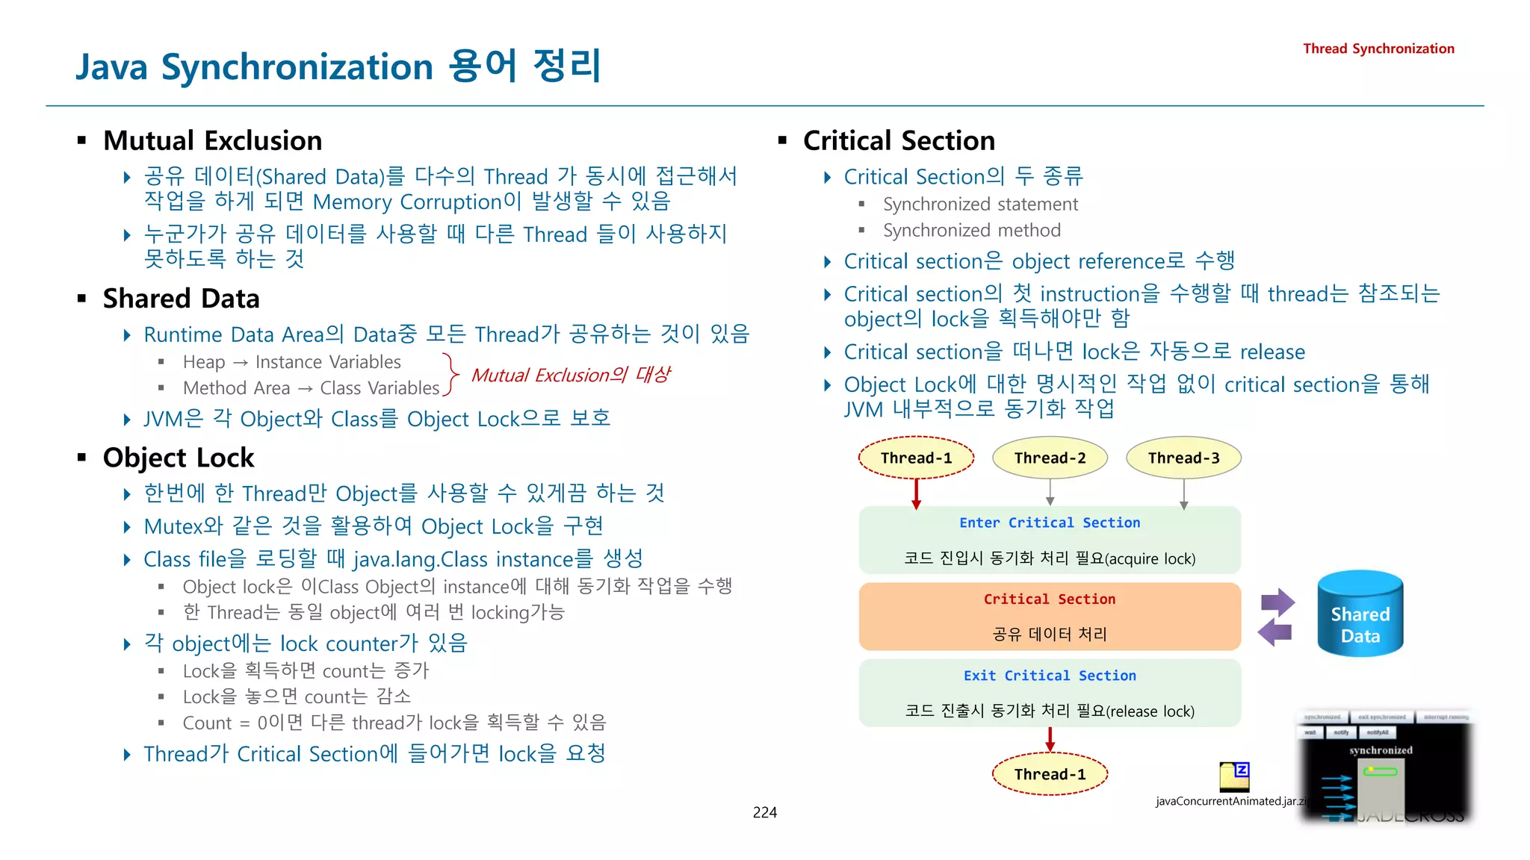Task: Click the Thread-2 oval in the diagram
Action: point(1050,458)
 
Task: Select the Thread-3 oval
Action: point(1183,458)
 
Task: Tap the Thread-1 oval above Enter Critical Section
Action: point(916,458)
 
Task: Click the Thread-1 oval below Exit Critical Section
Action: point(1050,774)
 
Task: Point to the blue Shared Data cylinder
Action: point(1360,614)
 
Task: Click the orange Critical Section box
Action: point(1050,617)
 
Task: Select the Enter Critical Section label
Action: point(1050,523)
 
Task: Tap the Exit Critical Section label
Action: point(1050,676)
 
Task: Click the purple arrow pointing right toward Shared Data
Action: point(1278,602)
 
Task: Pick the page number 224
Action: point(764,812)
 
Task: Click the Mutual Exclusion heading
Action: point(213,140)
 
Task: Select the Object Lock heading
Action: point(179,458)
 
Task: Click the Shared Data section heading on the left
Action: point(182,299)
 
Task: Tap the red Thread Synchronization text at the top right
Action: point(1378,49)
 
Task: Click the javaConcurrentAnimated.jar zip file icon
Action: point(1234,776)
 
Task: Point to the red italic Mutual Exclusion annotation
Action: point(571,375)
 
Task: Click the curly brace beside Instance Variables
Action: point(450,374)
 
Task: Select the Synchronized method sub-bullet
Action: point(971,231)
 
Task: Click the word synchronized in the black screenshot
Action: point(1381,750)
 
